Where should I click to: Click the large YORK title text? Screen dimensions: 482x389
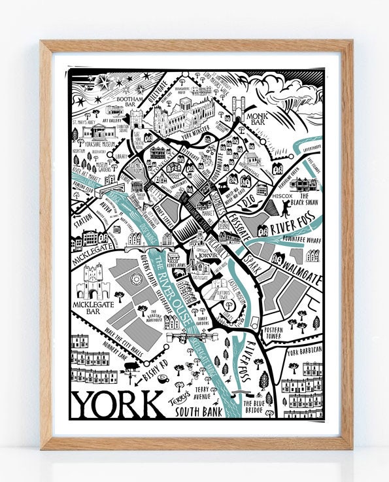pos(118,407)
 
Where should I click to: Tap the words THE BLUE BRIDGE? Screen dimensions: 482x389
pos(254,407)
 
